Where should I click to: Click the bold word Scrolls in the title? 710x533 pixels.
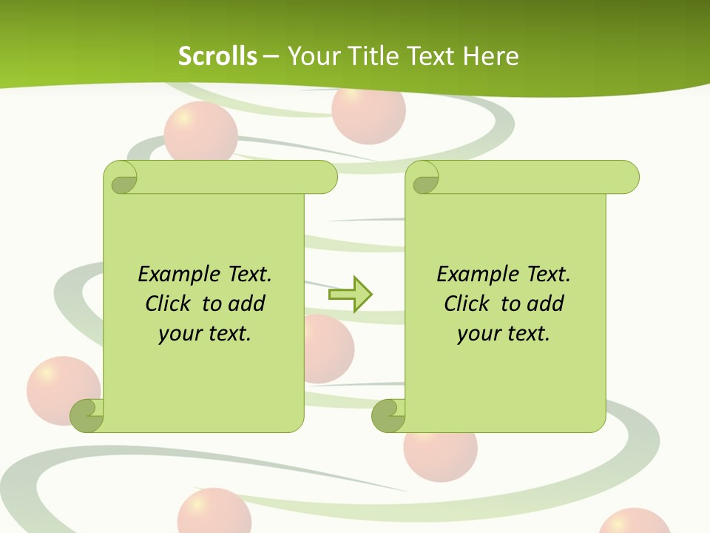point(217,56)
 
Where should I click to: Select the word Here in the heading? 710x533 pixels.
point(491,56)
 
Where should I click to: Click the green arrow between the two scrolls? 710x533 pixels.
point(350,295)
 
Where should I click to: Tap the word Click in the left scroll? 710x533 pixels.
point(162,304)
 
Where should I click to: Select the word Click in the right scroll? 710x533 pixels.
point(461,304)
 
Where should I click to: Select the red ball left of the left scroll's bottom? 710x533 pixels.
point(59,388)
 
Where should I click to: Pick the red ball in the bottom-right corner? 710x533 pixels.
point(635,521)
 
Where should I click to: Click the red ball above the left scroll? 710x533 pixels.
point(200,133)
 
